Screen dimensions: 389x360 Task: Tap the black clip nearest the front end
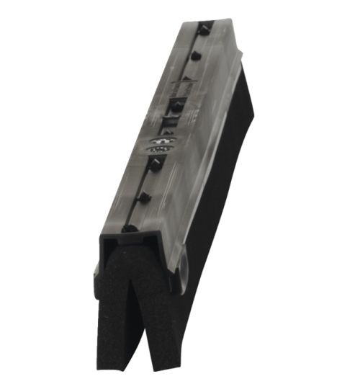pos(130,229)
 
